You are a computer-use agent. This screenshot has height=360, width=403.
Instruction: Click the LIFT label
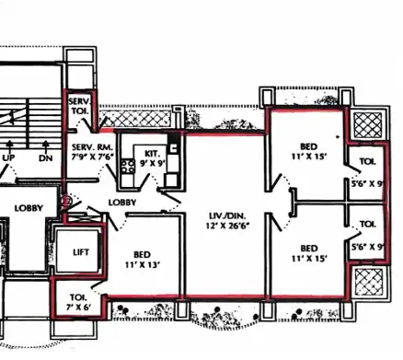tap(81, 252)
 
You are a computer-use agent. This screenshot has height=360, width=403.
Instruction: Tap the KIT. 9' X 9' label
tap(153, 158)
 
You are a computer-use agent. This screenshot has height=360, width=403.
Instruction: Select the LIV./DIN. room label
tap(227, 215)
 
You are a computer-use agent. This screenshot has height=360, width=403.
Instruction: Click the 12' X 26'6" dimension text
tap(227, 226)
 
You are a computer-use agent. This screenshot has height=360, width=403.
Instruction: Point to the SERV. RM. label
tap(92, 147)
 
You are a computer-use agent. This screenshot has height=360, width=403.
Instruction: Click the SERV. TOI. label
tap(79, 106)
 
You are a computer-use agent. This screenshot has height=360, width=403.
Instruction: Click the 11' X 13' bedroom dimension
tap(143, 264)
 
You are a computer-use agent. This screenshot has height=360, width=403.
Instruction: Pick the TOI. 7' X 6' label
tap(78, 302)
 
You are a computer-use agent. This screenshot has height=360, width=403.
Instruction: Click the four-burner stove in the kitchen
tap(128, 167)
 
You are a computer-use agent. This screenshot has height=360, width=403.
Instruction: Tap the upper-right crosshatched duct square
tap(368, 125)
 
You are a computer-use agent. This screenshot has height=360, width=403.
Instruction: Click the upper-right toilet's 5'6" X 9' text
tap(368, 184)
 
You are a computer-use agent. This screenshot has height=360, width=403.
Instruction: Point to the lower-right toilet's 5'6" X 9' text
tap(368, 247)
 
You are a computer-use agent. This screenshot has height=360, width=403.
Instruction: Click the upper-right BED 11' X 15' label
tap(309, 151)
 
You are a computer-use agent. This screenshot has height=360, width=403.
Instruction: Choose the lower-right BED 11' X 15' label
tap(309, 253)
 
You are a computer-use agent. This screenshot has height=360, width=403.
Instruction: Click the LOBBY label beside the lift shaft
tap(29, 208)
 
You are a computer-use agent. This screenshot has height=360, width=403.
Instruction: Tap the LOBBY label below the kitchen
tap(122, 203)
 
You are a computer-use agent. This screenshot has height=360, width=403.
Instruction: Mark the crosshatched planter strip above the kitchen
tap(135, 119)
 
